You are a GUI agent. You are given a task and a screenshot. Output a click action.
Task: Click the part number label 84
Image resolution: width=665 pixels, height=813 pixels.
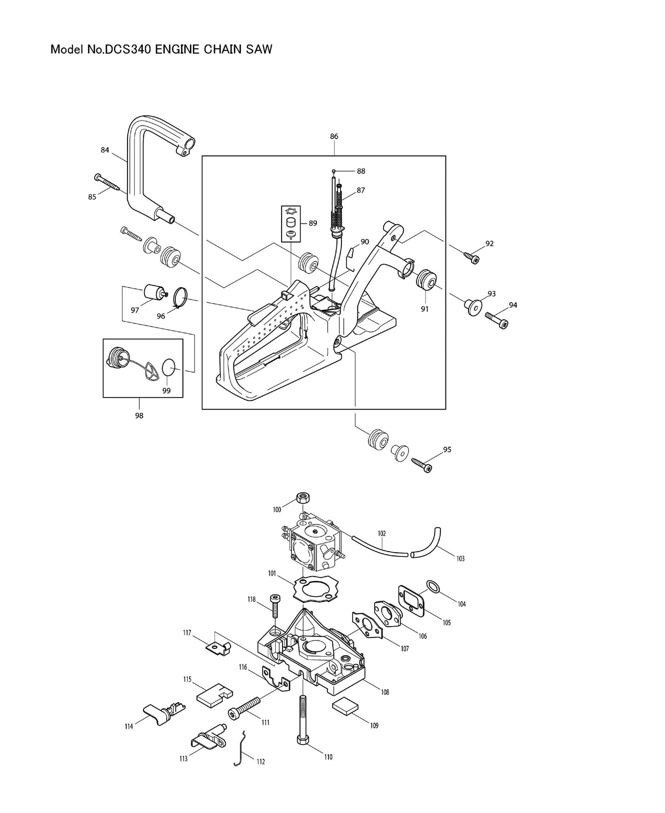point(105,150)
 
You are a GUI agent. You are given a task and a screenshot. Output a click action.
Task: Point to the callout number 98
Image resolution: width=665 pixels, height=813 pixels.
point(139,416)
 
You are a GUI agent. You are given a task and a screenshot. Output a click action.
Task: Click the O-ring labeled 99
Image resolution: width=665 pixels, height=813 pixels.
point(169,369)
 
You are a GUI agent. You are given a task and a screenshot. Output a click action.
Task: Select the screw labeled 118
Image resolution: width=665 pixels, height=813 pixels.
point(274,606)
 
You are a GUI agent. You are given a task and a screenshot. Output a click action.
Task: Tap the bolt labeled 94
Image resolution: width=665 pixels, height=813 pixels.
point(496,320)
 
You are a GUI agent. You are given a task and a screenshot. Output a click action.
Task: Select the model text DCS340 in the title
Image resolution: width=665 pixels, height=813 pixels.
point(127,49)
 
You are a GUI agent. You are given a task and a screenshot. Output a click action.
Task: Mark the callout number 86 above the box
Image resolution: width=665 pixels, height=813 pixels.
point(334,136)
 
